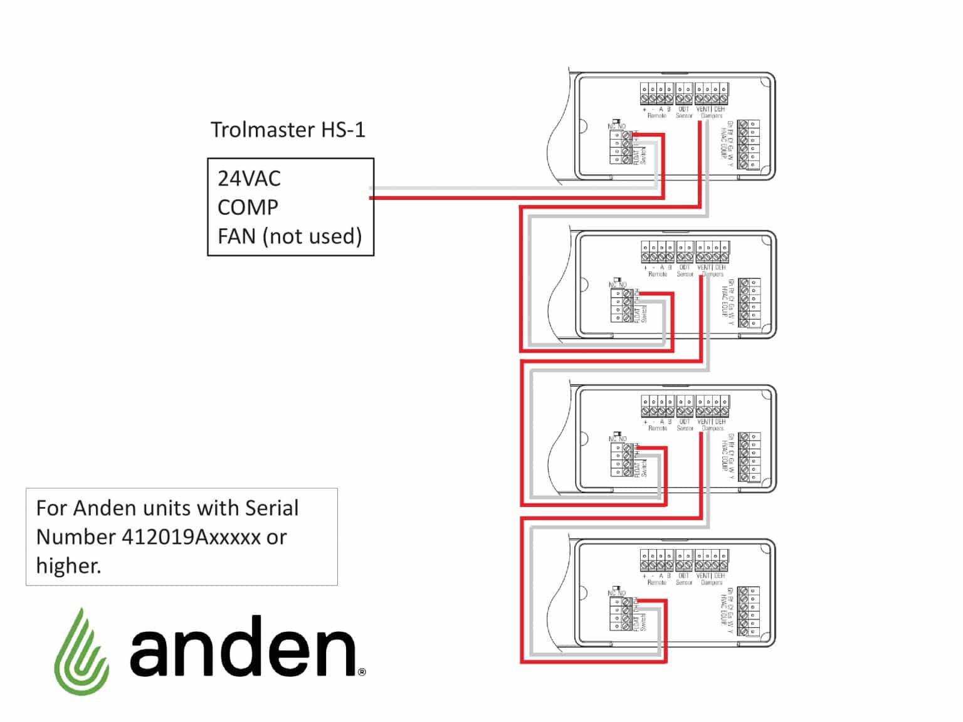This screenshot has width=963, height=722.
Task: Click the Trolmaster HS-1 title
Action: coord(288,130)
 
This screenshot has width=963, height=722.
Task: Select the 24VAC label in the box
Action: coord(249,179)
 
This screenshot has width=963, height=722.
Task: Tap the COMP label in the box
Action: coord(248,207)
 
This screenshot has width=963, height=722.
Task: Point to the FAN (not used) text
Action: coord(290,237)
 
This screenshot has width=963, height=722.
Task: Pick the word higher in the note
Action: coord(68,566)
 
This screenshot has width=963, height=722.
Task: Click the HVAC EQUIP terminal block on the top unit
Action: coord(749,145)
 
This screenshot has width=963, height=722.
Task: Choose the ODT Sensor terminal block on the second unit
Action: coord(685,252)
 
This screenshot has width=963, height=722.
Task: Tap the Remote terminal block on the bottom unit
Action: coord(656,562)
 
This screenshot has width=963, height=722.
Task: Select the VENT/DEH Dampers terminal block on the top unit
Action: coord(712,94)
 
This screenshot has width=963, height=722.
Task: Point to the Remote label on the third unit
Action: coord(658,429)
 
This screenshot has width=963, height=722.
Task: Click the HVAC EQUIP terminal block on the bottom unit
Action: coord(749,611)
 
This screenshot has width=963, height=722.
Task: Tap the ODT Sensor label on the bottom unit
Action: coord(684,579)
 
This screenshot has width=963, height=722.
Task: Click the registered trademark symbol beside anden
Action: coord(362,672)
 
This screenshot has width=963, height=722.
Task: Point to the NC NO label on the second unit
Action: coord(618,285)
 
